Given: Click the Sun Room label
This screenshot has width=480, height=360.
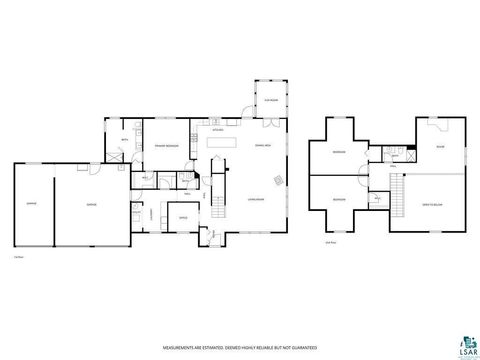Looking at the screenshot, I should (x=269, y=99).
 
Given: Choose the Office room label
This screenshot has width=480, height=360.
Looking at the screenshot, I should (x=183, y=217).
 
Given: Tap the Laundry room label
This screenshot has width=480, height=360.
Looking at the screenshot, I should (x=150, y=212).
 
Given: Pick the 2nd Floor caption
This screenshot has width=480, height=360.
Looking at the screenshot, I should (x=330, y=242).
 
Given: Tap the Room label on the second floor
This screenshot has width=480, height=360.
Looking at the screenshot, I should (x=439, y=147).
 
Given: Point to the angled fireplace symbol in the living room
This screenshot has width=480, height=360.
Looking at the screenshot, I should (x=281, y=184).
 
